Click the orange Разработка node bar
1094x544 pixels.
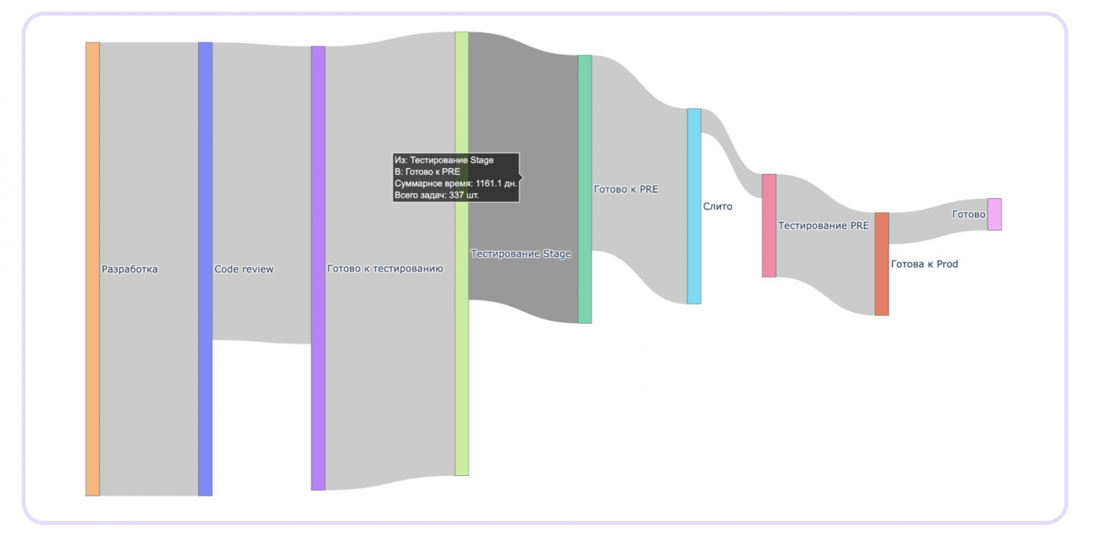tap(93, 269)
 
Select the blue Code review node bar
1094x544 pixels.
tap(205, 269)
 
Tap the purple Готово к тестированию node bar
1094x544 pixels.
tap(318, 268)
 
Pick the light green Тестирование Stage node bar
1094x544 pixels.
tap(461, 253)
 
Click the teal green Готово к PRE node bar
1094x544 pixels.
tap(585, 189)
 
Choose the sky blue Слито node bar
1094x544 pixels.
tap(694, 206)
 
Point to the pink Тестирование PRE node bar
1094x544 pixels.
tap(769, 225)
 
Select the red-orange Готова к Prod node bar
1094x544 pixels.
tap(882, 264)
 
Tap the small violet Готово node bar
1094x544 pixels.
tap(994, 214)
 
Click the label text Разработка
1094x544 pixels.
tap(130, 270)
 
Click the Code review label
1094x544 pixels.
tap(244, 270)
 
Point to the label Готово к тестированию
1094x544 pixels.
tap(385, 268)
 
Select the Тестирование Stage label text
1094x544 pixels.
tap(520, 253)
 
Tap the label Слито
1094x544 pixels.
tap(717, 206)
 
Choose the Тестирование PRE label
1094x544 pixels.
tap(823, 225)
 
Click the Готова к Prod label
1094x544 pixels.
tap(924, 264)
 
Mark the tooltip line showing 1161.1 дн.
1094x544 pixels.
tap(456, 183)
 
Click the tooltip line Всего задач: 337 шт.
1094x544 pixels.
tap(437, 195)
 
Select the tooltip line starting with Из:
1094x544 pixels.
tap(444, 160)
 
